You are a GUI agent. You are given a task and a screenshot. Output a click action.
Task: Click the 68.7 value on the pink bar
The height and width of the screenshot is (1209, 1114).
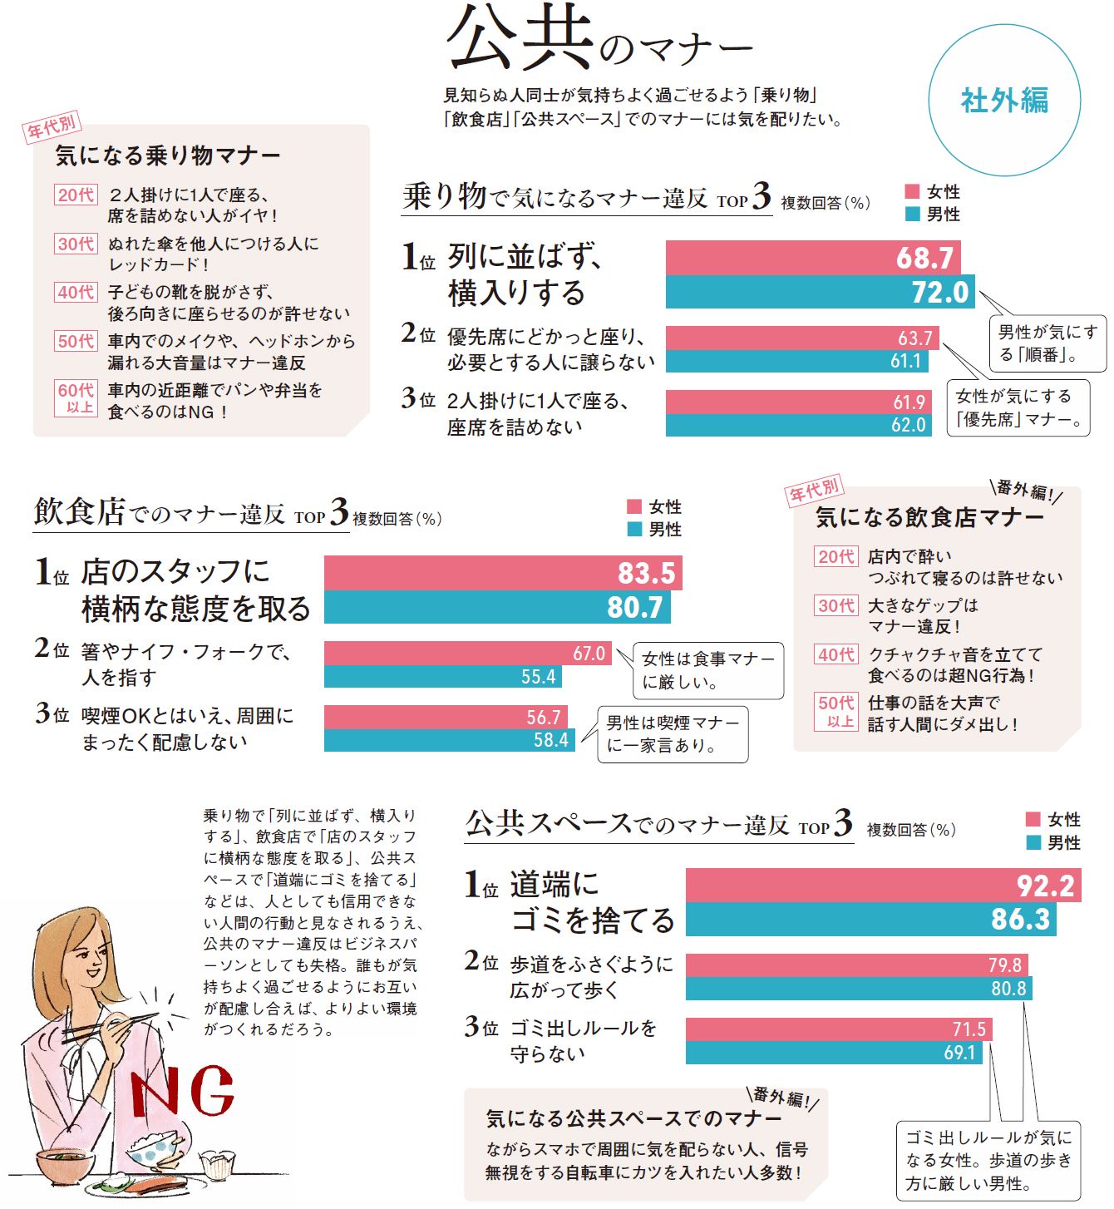click(x=924, y=258)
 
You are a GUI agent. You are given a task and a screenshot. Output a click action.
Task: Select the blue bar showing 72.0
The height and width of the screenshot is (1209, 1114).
click(x=819, y=292)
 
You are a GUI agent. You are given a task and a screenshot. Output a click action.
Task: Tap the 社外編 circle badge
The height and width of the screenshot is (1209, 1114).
click(x=1004, y=101)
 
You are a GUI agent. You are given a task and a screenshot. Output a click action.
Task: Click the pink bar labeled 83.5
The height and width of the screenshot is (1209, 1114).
click(x=502, y=573)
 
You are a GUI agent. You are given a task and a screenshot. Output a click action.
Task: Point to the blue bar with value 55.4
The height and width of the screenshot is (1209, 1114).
click(x=442, y=677)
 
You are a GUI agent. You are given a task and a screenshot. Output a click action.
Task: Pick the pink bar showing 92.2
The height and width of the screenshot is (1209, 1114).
click(x=883, y=886)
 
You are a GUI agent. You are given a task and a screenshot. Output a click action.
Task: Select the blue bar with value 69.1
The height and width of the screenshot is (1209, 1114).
click(x=834, y=1053)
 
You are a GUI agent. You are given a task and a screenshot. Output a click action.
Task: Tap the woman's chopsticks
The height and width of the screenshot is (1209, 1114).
click(x=108, y=1027)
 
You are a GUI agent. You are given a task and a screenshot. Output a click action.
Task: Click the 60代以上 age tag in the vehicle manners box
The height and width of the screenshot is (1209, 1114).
click(x=76, y=397)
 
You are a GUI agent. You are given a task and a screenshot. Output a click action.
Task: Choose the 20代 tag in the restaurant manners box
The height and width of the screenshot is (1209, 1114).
click(x=835, y=557)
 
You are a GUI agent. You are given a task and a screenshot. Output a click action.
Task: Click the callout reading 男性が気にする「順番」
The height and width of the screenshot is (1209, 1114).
click(x=1047, y=343)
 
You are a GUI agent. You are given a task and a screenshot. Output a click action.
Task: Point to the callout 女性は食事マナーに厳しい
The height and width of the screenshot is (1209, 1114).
click(x=708, y=670)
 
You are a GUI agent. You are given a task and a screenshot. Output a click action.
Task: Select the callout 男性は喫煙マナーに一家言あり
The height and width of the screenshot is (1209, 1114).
click(x=673, y=734)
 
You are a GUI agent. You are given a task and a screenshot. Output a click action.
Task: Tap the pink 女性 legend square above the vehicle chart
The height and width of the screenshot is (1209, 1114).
click(x=912, y=191)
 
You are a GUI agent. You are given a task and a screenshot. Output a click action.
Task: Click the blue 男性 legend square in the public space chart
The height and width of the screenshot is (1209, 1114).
click(x=1033, y=842)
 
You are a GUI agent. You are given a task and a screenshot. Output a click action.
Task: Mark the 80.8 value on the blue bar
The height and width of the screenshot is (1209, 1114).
click(x=1008, y=989)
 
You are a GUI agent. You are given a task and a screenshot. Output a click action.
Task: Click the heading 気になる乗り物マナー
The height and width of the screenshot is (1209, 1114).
click(x=168, y=155)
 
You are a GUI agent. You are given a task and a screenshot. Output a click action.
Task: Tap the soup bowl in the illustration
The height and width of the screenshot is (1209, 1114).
click(x=65, y=1163)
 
